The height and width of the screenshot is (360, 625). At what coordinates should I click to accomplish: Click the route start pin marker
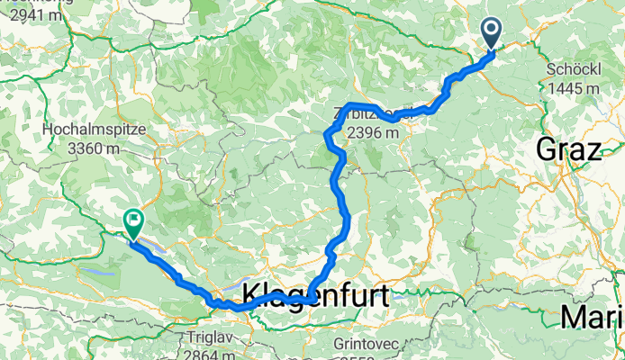(493, 34)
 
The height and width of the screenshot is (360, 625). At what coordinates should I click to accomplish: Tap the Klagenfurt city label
(314, 293)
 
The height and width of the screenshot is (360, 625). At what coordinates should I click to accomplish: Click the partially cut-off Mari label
(592, 318)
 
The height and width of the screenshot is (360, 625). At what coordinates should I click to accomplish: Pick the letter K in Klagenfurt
(251, 294)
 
